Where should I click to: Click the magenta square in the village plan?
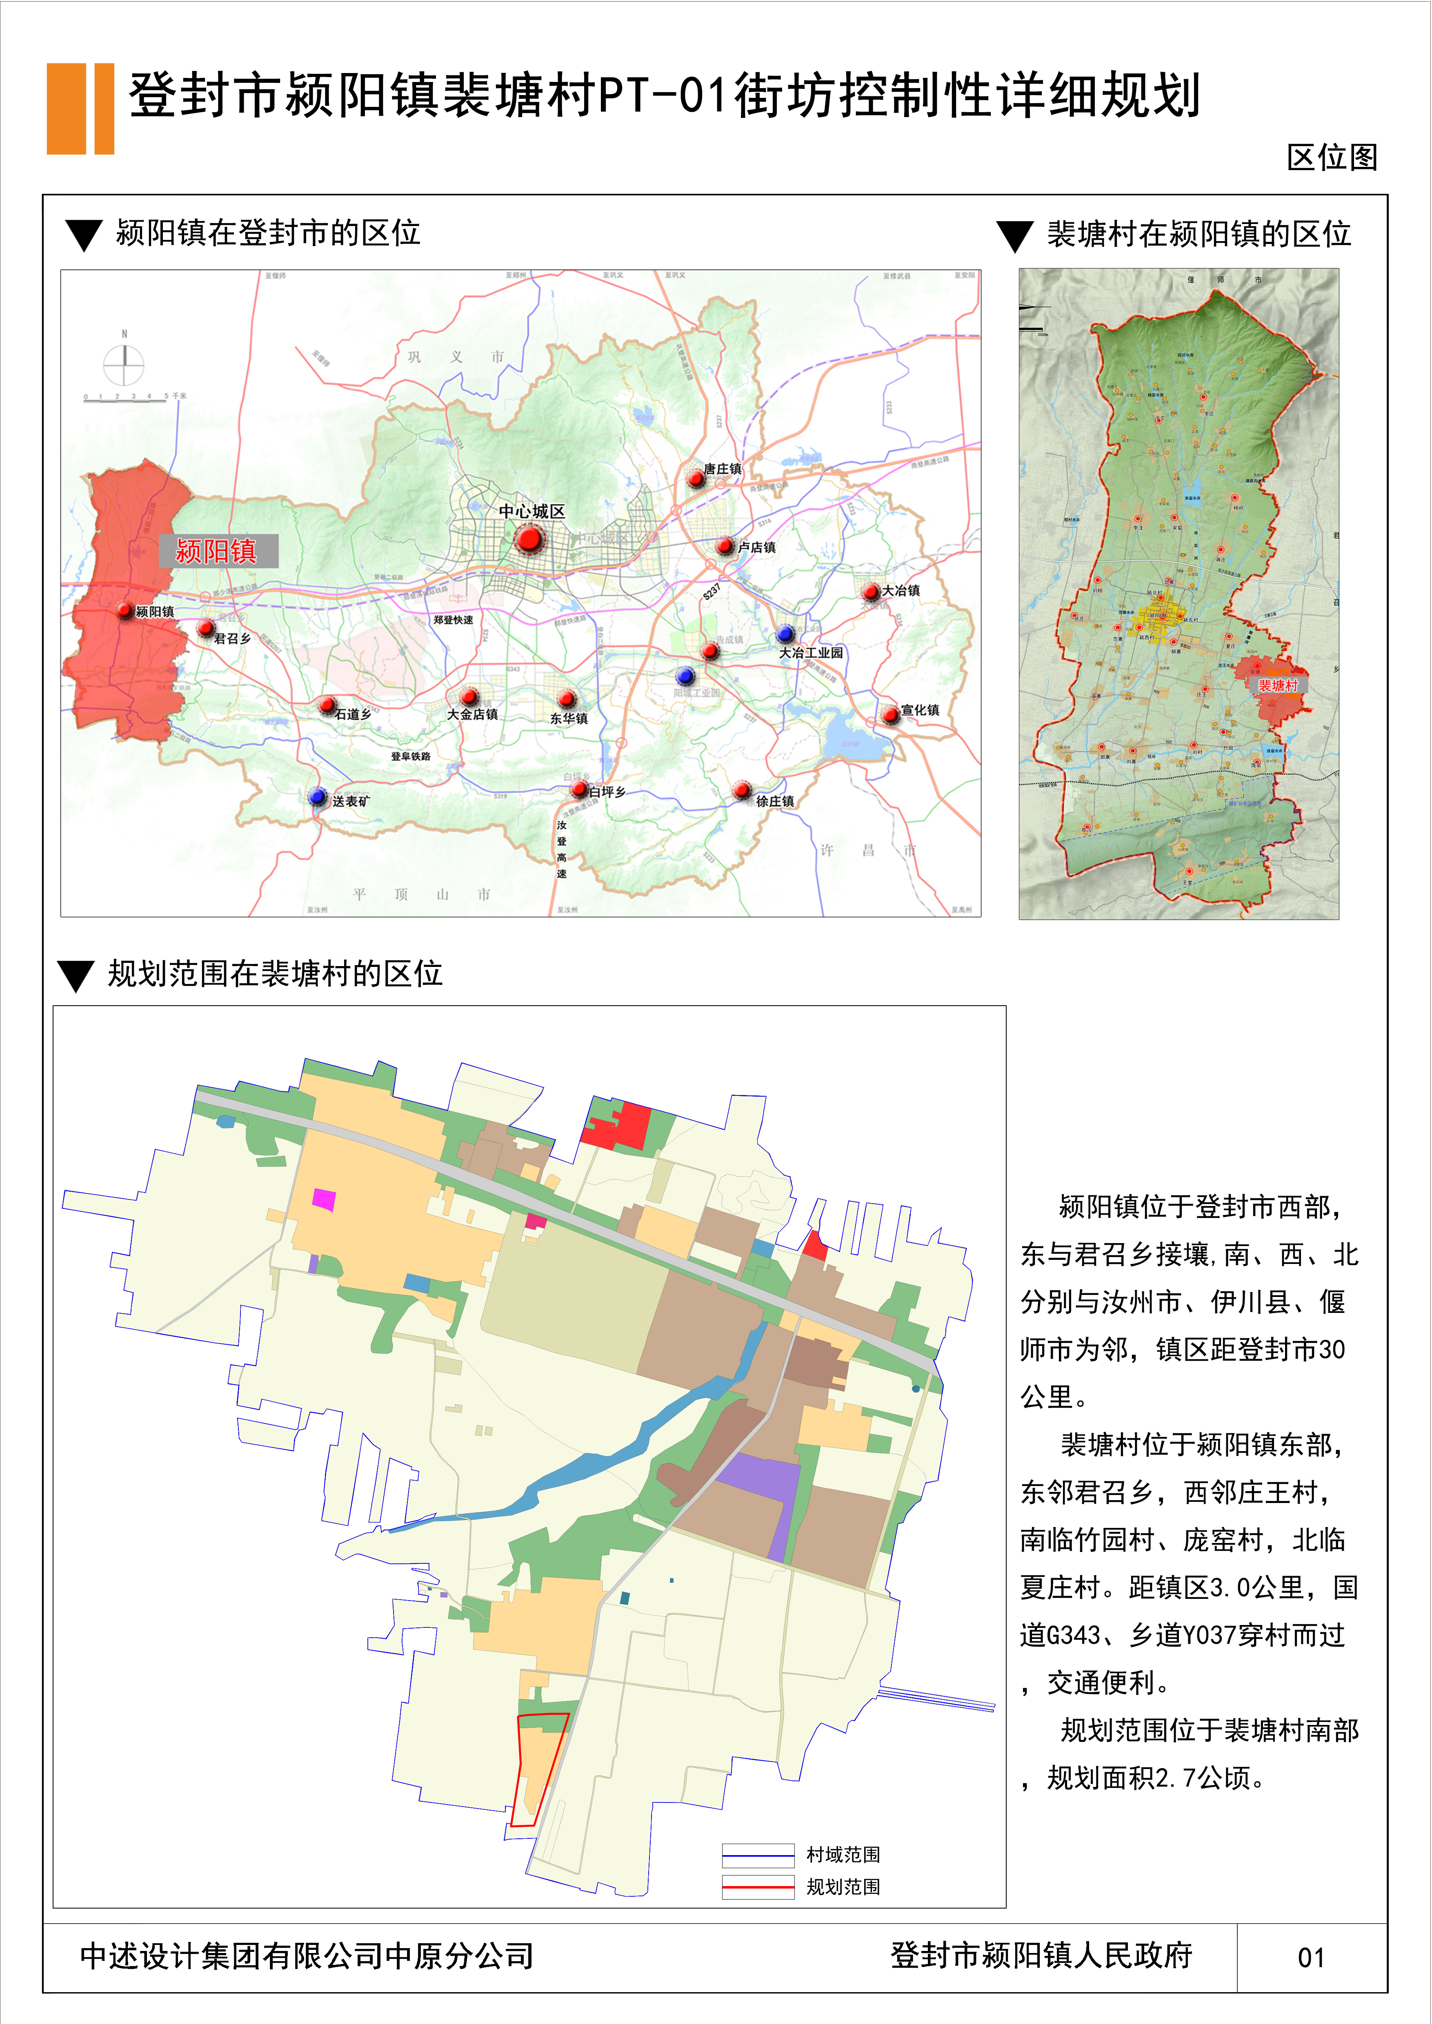coord(324,1199)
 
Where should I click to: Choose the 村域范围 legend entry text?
coord(843,1855)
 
